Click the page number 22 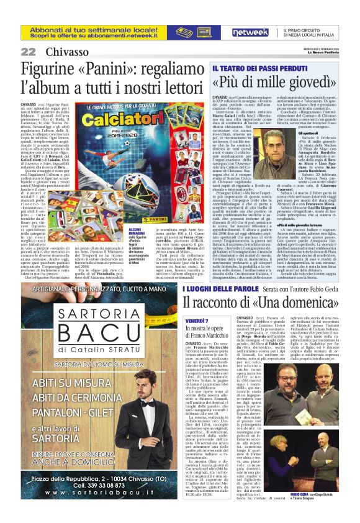tap(28, 52)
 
